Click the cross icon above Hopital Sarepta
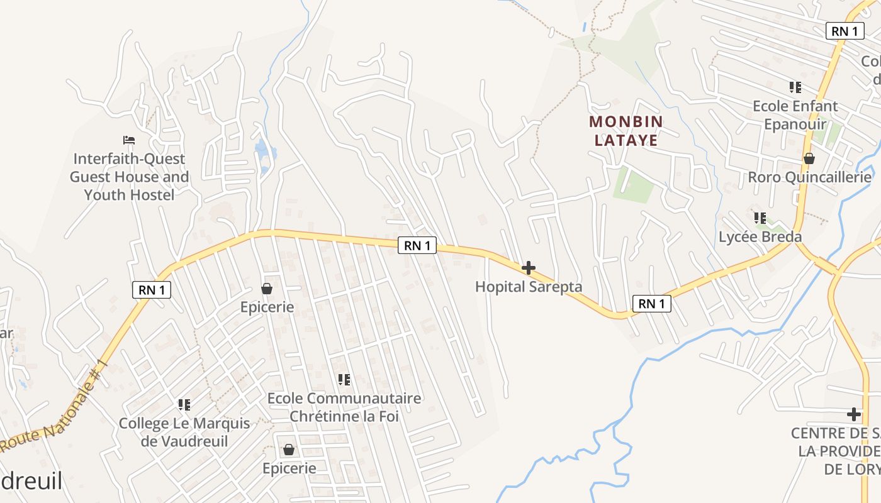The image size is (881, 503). (529, 268)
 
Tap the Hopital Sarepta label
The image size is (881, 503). (529, 287)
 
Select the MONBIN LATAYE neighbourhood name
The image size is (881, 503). (626, 131)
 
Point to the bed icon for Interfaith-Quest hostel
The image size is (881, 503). (129, 140)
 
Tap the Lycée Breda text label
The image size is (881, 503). (760, 237)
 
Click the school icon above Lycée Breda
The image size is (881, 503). (760, 218)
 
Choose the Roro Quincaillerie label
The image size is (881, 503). (809, 177)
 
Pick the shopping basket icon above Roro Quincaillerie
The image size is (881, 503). (809, 158)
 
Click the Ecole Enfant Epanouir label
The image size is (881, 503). (795, 115)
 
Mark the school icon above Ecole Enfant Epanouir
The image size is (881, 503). (795, 87)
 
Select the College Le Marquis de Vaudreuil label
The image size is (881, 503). (184, 432)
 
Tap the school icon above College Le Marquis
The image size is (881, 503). (184, 404)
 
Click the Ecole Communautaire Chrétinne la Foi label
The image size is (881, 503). (344, 407)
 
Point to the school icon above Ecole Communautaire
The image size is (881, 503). (344, 379)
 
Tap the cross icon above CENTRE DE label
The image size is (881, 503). (854, 414)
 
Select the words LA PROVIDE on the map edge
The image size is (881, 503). (839, 451)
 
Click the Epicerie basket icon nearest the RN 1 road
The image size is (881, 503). (267, 289)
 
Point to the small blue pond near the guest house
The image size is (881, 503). (264, 151)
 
